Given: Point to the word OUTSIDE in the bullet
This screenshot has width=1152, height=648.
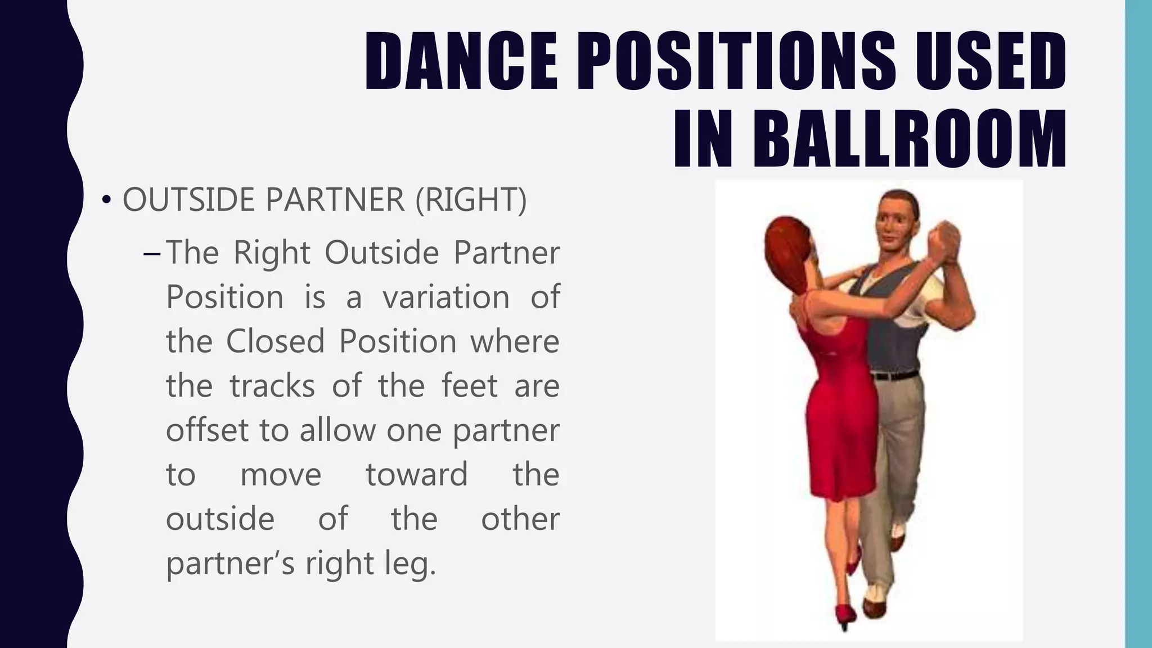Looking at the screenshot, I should click(x=188, y=199).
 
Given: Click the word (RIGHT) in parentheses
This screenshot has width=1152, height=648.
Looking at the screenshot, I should click(x=471, y=200).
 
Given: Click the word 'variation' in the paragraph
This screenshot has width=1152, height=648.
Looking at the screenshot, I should click(x=446, y=296).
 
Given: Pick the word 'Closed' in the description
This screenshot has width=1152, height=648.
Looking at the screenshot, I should click(x=276, y=341).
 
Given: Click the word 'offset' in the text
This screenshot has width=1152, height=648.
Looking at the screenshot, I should click(x=207, y=430).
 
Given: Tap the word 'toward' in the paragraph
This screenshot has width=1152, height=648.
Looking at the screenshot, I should click(x=417, y=474).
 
